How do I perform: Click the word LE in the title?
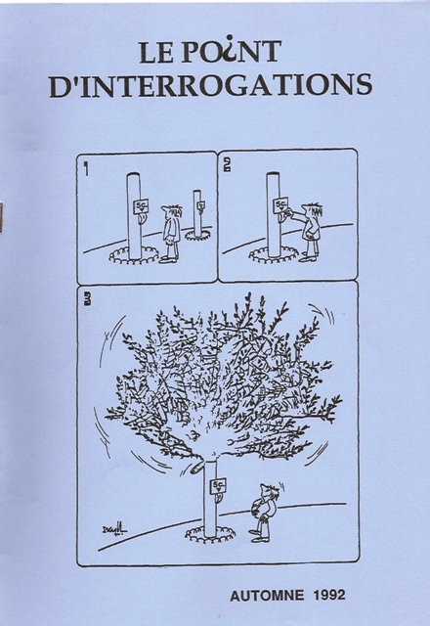(156, 52)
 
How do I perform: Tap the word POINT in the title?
(232, 51)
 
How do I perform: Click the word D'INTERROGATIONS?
(211, 85)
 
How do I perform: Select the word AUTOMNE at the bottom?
(267, 596)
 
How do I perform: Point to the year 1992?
(329, 596)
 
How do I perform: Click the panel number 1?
(86, 168)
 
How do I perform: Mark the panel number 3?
(86, 300)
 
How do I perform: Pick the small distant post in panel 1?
(198, 215)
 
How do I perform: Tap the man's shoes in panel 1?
(169, 259)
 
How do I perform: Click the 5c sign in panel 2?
(280, 204)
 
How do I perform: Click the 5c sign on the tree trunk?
(218, 485)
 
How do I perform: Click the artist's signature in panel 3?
(114, 530)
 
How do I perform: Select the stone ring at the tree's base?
(210, 534)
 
